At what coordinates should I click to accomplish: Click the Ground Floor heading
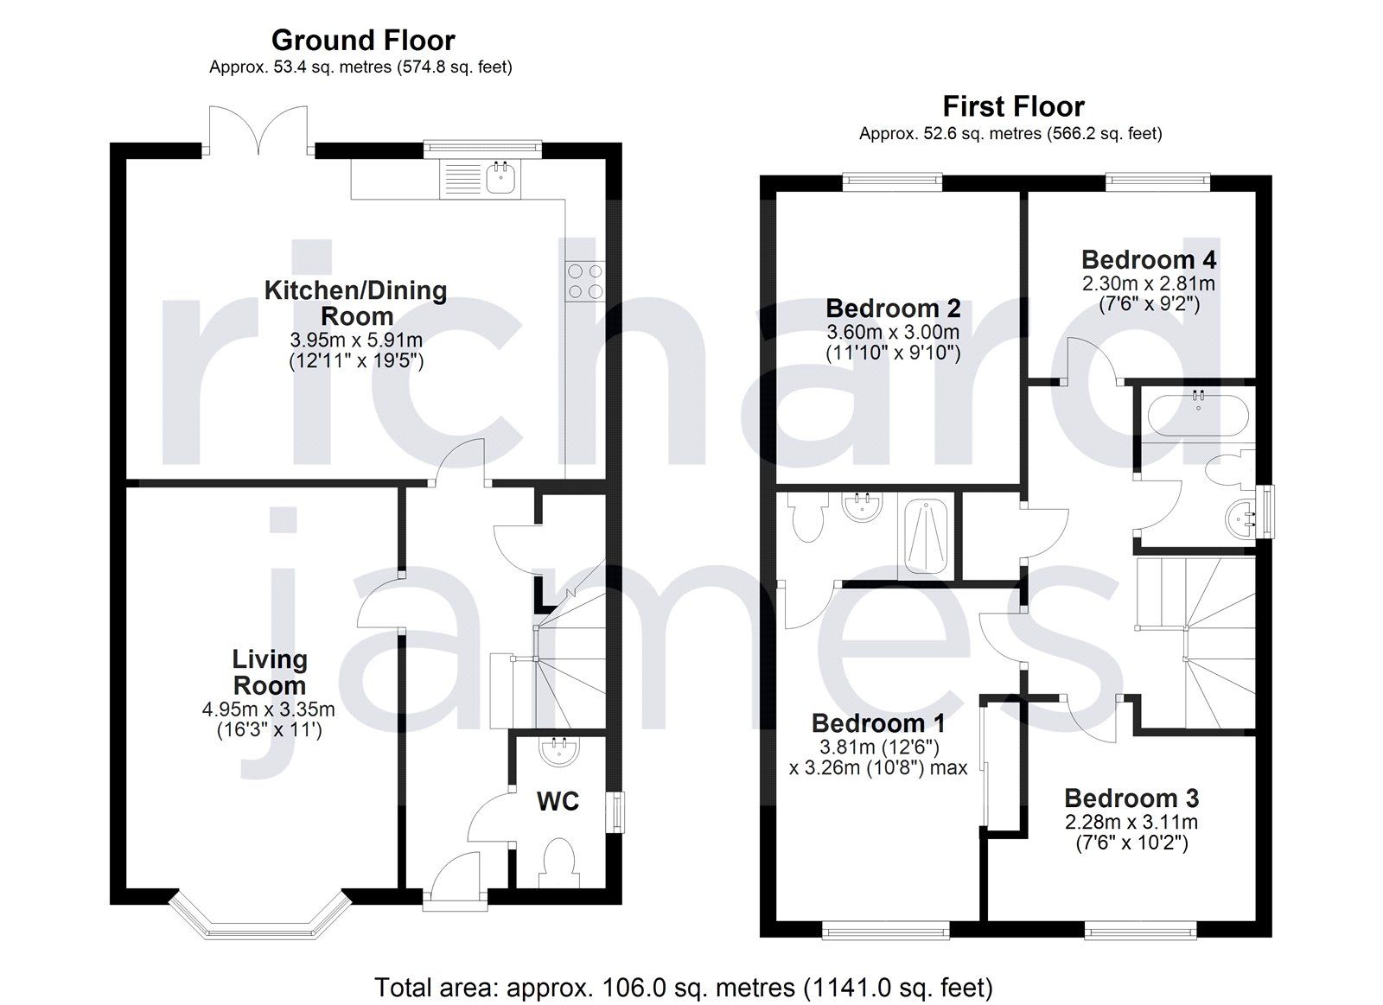point(363,41)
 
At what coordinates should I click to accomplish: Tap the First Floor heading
point(1013,107)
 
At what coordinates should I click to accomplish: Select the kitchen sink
point(502,179)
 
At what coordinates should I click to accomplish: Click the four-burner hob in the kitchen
point(584,282)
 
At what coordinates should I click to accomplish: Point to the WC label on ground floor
point(558,802)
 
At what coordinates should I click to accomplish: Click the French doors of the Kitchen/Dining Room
point(258,131)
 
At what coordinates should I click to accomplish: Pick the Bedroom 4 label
point(1148,259)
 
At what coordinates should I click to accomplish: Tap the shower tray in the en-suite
point(926,536)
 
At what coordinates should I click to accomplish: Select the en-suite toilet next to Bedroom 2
point(808,518)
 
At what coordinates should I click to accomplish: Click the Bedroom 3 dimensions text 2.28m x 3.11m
point(1131,822)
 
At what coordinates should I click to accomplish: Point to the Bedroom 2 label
point(893,308)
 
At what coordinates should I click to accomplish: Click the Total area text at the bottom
point(683,987)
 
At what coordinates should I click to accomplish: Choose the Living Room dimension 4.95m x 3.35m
point(268,709)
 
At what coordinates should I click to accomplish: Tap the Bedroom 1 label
point(878,723)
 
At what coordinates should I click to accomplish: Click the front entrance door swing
point(456,877)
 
